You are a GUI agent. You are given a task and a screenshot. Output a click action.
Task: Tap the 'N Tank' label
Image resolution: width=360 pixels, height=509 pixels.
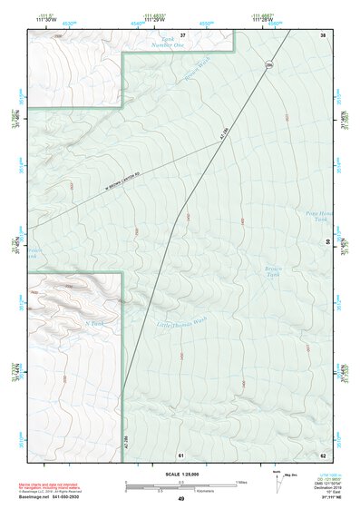[x=92, y=321]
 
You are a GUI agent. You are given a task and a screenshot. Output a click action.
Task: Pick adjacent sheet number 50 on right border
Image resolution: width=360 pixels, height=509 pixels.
[x=326, y=241]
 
